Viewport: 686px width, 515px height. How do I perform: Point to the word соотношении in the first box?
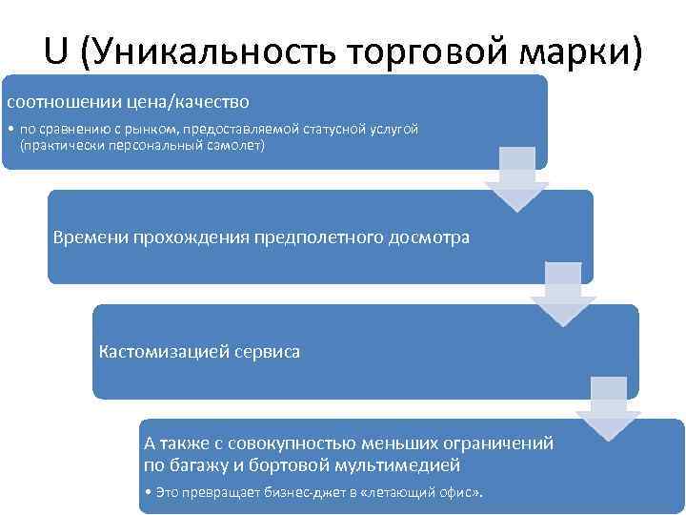[63, 101]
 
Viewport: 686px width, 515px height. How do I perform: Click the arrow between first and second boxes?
[516, 181]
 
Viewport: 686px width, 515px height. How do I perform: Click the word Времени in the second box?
[91, 237]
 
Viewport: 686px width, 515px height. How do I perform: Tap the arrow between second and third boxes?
[563, 296]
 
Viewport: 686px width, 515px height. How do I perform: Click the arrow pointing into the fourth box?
[609, 410]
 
